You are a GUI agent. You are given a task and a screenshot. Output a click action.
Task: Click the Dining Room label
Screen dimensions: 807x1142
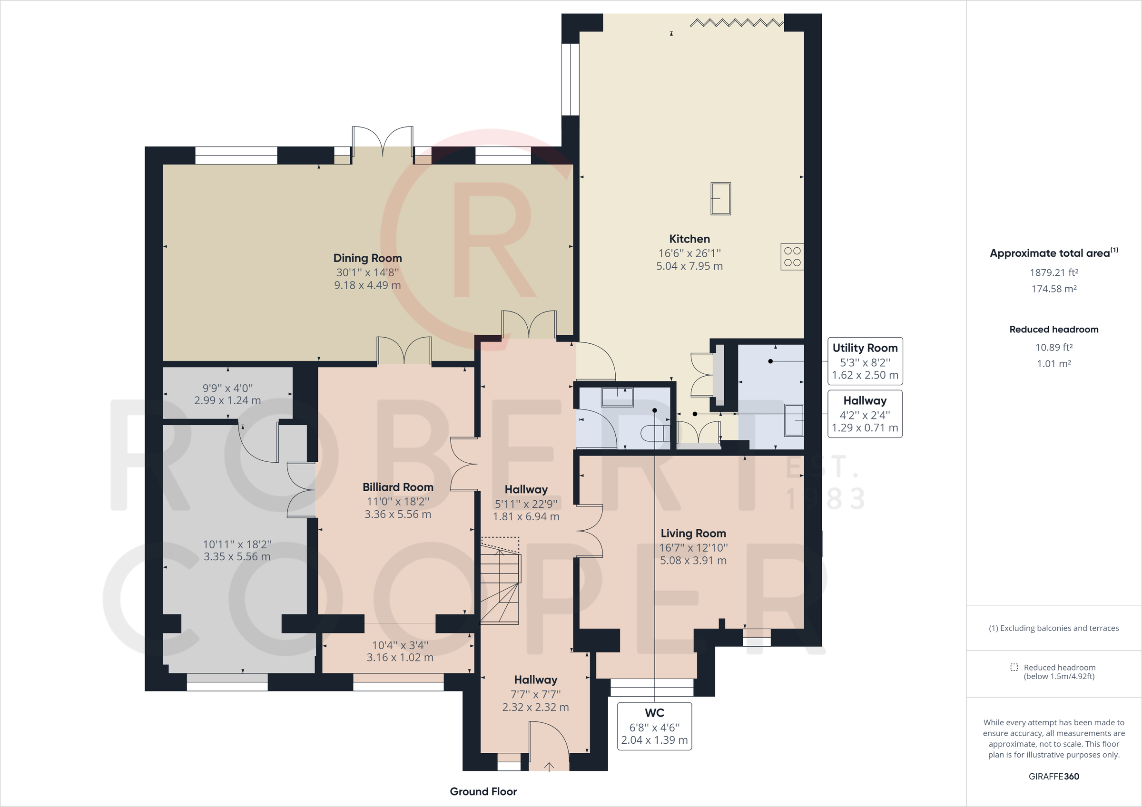367,258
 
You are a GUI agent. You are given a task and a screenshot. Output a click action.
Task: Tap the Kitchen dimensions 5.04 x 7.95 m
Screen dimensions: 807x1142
689,266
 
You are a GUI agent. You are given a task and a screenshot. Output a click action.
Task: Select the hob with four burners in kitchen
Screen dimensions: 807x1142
792,257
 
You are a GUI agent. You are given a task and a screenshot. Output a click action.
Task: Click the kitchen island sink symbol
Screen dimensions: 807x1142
721,198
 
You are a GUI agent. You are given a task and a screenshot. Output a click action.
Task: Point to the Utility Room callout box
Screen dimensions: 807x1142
865,361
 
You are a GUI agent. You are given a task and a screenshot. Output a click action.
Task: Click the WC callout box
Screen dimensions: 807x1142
654,726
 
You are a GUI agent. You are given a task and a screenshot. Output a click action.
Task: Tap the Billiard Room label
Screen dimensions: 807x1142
397,487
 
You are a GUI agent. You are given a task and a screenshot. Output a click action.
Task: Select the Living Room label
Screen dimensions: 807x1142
693,534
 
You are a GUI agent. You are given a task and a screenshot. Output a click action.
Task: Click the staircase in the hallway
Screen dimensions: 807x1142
500,582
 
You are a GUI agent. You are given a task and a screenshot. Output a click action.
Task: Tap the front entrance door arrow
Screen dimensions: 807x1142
549,767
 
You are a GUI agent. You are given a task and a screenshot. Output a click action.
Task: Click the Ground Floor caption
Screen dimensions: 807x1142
483,792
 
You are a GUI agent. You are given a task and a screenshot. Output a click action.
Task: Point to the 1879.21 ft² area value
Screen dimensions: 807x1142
1053,272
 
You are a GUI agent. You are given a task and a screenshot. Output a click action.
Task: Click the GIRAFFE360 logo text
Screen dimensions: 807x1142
1053,776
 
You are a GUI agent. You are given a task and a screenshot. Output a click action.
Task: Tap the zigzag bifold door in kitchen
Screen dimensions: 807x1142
736,22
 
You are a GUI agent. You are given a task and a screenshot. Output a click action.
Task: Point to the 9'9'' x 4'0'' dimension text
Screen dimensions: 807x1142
227,388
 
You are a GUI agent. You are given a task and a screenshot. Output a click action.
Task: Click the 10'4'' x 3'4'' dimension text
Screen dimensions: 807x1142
400,645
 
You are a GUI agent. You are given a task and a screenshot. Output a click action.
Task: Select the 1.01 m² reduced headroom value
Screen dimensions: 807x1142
1053,363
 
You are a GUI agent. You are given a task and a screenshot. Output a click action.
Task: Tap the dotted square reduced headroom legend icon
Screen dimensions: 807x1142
1014,667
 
